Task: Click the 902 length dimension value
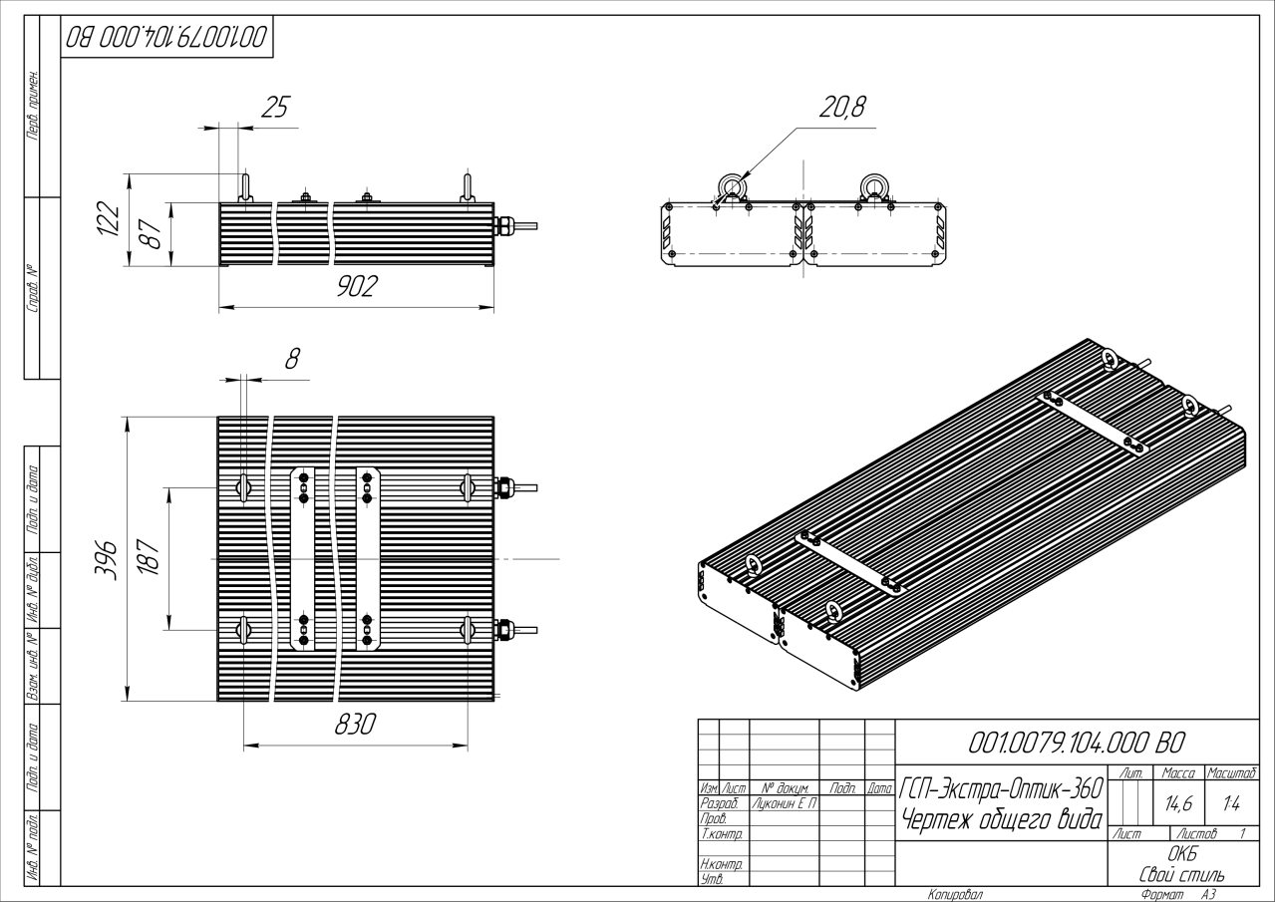[356, 287]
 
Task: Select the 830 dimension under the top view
[353, 726]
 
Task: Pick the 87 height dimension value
[153, 235]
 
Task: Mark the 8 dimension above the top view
[292, 359]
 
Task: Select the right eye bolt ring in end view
[875, 186]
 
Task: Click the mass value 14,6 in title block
[1179, 799]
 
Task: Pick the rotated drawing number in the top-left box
[166, 39]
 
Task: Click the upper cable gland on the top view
[504, 487]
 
